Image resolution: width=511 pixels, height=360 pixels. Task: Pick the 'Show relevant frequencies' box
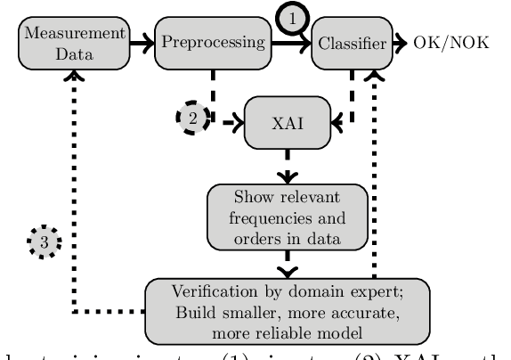pos(288,216)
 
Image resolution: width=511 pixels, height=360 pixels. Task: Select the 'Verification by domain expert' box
pos(288,310)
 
